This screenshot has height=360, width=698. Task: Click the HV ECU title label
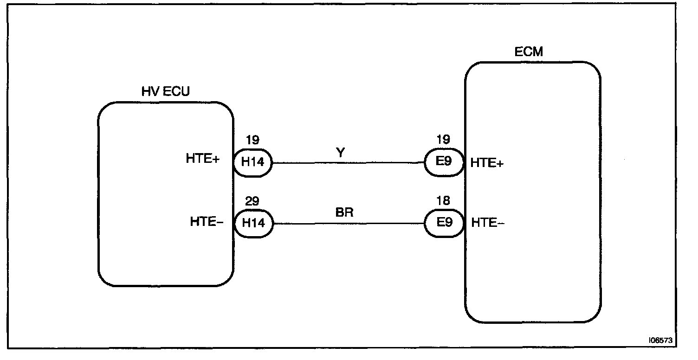pyautogui.click(x=165, y=92)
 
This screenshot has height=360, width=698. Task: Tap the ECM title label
pyautogui.click(x=529, y=51)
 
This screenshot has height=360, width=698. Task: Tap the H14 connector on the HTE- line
pyautogui.click(x=252, y=223)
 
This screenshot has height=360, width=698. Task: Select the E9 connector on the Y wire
pyautogui.click(x=444, y=163)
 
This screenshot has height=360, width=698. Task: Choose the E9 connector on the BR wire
pyautogui.click(x=444, y=223)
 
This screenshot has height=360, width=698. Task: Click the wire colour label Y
pyautogui.click(x=341, y=153)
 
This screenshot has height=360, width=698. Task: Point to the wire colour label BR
pyautogui.click(x=344, y=213)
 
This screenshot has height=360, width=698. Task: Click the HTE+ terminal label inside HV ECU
pyautogui.click(x=203, y=159)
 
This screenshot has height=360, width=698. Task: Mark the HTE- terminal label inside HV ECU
pyautogui.click(x=207, y=222)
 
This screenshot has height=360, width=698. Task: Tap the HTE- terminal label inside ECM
pyautogui.click(x=488, y=223)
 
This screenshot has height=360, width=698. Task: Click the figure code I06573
pyautogui.click(x=660, y=340)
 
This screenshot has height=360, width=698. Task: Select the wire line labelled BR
pyautogui.click(x=348, y=224)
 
